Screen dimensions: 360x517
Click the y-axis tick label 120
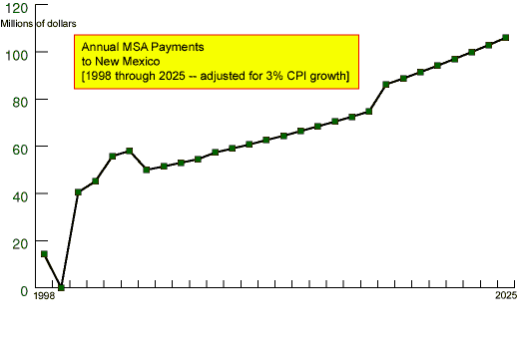click(x=17, y=6)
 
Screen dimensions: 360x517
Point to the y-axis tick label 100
click(x=17, y=53)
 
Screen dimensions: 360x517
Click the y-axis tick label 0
click(x=24, y=290)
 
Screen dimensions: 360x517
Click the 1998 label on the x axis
click(x=44, y=298)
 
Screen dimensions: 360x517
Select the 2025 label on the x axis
click(x=505, y=298)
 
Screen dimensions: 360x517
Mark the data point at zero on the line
click(x=61, y=287)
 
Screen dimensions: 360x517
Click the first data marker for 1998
click(x=44, y=253)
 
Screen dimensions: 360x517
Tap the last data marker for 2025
click(x=505, y=38)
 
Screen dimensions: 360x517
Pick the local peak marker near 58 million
click(x=129, y=151)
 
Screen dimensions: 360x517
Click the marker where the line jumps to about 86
click(x=386, y=84)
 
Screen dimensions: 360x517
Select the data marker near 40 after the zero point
click(x=78, y=191)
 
